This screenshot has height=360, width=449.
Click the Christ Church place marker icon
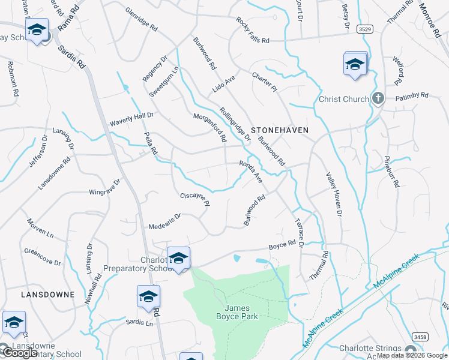tap(378, 99)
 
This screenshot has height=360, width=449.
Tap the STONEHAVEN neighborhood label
tap(280, 130)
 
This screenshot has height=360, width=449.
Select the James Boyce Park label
tap(237, 312)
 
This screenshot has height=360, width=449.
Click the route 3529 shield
tap(363, 29)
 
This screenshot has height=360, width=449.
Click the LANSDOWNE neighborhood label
tap(47, 295)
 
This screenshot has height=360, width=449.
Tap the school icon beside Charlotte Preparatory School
tap(178, 258)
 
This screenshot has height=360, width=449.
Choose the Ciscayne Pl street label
tap(195, 199)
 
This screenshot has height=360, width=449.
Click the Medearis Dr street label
tap(165, 221)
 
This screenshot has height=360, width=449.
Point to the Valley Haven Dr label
tap(334, 194)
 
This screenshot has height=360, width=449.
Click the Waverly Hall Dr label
tap(131, 119)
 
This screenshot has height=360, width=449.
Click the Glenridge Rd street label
tap(142, 20)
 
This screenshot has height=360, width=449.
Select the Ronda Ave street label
tap(251, 171)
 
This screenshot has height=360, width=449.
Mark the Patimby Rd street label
tap(412, 95)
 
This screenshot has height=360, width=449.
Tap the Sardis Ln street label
tap(140, 323)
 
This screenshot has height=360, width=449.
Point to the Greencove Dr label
tap(43, 257)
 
